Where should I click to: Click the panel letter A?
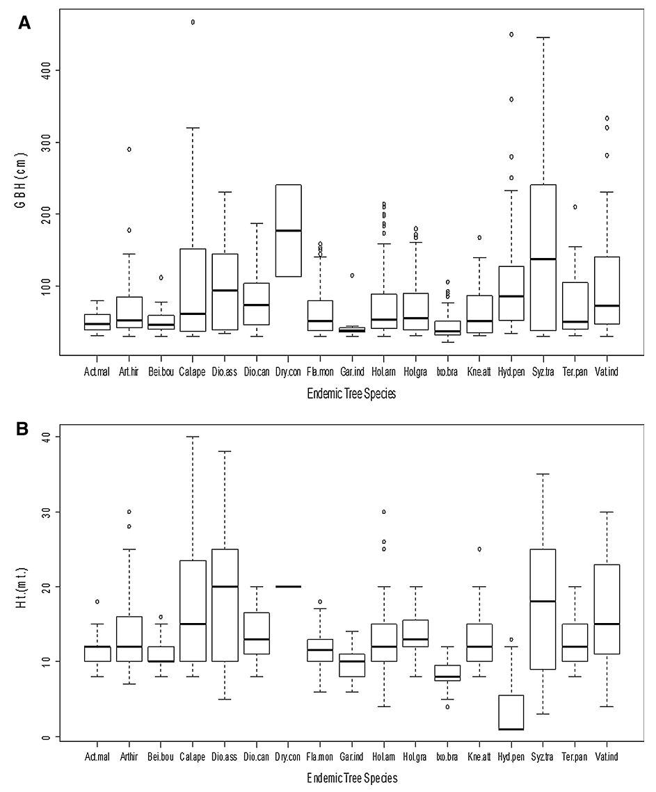point(24,23)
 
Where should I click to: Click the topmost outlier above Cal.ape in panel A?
point(193,22)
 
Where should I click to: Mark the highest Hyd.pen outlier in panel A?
point(511,34)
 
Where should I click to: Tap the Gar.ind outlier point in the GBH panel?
point(352,275)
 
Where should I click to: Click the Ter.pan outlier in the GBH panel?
point(575,207)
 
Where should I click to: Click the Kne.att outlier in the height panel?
point(479,549)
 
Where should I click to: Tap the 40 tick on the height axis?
point(44,437)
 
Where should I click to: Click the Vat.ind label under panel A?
point(607,372)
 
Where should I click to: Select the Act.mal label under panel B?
point(97,756)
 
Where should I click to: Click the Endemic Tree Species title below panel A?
point(351,394)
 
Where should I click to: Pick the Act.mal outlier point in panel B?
point(97,601)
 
